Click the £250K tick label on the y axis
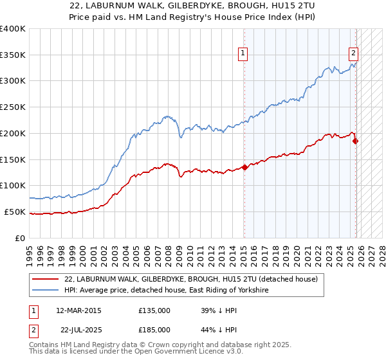tap(13, 107)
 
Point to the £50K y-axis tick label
tap(15, 212)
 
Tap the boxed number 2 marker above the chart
tap(354, 54)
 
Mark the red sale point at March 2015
tap(244, 167)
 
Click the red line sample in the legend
tap(46, 280)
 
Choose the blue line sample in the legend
tap(46, 291)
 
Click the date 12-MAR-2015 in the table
tap(78, 310)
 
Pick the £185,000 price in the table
tap(154, 329)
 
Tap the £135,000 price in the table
tap(154, 310)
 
